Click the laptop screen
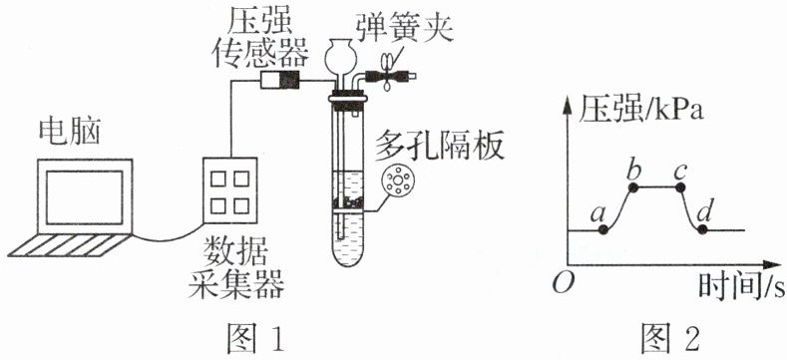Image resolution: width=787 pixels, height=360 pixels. click(x=85, y=196)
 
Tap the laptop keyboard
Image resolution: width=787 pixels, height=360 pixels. click(x=70, y=245)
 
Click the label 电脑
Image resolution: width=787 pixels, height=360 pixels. click(x=70, y=133)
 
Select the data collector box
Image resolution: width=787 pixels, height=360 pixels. click(x=229, y=190)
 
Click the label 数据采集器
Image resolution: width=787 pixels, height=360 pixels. click(x=235, y=269)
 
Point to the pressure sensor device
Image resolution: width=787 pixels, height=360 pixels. click(x=279, y=80)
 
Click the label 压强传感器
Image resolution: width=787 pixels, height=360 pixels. click(x=259, y=37)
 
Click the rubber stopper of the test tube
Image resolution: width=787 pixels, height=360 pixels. click(x=348, y=99)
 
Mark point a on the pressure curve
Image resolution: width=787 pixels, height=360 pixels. click(x=603, y=230)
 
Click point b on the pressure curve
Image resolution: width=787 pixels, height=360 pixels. click(x=633, y=187)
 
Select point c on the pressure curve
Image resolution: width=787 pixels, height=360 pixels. click(x=680, y=187)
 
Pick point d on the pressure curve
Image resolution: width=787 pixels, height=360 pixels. click(x=702, y=229)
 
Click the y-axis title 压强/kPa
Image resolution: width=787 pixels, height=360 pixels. click(x=639, y=110)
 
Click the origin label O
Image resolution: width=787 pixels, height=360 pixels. click(x=560, y=283)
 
